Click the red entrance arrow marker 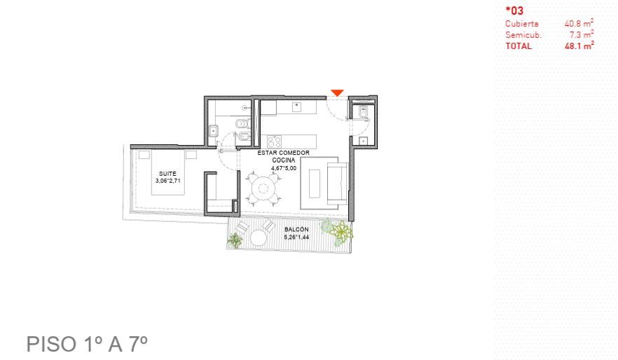click(337, 92)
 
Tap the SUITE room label click(167, 174)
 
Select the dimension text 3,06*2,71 click(168, 181)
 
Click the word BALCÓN click(296, 229)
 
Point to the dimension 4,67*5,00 click(284, 168)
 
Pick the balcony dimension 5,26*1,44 click(296, 237)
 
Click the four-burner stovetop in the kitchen click(275, 141)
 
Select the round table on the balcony click(258, 237)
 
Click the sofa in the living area click(338, 183)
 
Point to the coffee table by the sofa click(315, 183)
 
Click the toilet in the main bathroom click(243, 124)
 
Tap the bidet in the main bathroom click(245, 137)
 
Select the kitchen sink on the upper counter click(296, 106)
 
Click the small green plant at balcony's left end click(235, 240)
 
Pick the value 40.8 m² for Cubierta click(579, 23)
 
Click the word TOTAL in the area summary click(519, 46)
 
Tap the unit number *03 click(514, 11)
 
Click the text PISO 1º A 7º click(87, 344)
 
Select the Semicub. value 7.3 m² click(582, 34)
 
